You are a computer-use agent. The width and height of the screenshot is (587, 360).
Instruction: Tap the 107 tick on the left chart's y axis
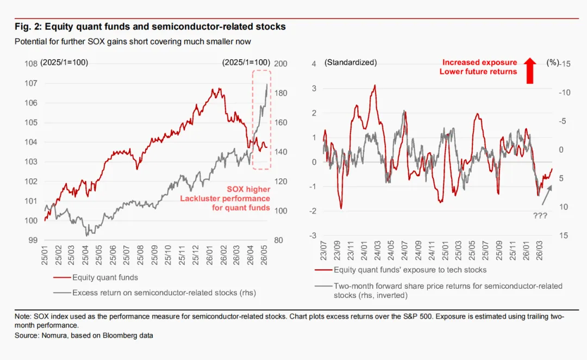pyautogui.click(x=31, y=83)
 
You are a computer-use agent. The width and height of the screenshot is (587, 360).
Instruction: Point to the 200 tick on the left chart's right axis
pyautogui.click(x=281, y=64)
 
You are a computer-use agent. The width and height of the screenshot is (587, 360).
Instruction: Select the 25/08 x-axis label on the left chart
pyautogui.click(x=140, y=255)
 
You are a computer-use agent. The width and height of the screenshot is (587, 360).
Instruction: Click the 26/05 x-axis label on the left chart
pyautogui.click(x=264, y=255)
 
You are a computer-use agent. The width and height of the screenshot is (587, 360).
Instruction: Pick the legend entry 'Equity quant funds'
pyautogui.click(x=96, y=277)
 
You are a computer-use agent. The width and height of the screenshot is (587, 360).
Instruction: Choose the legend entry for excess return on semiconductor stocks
pyautogui.click(x=154, y=293)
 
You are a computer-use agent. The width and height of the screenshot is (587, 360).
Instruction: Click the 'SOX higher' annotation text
pyautogui.click(x=248, y=189)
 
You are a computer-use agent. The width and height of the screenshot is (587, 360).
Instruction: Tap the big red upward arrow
pyautogui.click(x=530, y=71)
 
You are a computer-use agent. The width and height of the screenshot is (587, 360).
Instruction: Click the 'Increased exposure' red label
pyautogui.click(x=479, y=62)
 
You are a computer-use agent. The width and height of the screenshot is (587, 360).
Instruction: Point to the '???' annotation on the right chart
pyautogui.click(x=540, y=216)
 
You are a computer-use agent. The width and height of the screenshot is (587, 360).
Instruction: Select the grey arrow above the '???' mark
pyautogui.click(x=547, y=195)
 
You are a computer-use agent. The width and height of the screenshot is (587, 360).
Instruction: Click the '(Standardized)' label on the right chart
pyautogui.click(x=351, y=63)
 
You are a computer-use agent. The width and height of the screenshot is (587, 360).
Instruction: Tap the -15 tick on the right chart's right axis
pyautogui.click(x=565, y=64)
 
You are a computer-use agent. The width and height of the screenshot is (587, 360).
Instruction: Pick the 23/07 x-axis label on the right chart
pyautogui.click(x=323, y=251)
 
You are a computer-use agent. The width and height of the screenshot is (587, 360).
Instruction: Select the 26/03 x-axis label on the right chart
pyautogui.click(x=540, y=251)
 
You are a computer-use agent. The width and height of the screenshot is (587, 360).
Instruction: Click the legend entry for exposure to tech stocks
pyautogui.click(x=401, y=270)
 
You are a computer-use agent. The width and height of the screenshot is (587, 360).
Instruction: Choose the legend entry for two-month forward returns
pyautogui.click(x=439, y=290)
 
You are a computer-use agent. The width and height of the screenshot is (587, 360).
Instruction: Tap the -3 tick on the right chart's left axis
pyautogui.click(x=313, y=235)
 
